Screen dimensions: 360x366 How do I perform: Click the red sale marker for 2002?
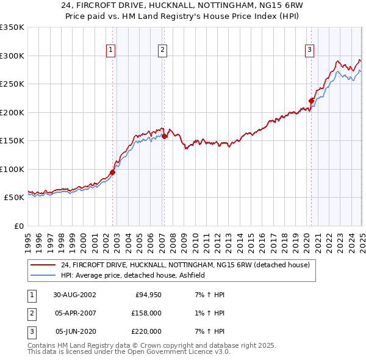click(113, 172)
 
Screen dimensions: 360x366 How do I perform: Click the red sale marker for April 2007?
click(164, 136)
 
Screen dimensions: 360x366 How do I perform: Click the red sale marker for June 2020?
click(311, 101)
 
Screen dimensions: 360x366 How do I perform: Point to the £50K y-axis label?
click(13, 198)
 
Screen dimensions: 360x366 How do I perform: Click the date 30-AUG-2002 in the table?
click(74, 295)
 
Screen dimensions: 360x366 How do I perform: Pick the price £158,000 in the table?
click(146, 313)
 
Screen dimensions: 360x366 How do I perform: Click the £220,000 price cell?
click(146, 331)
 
